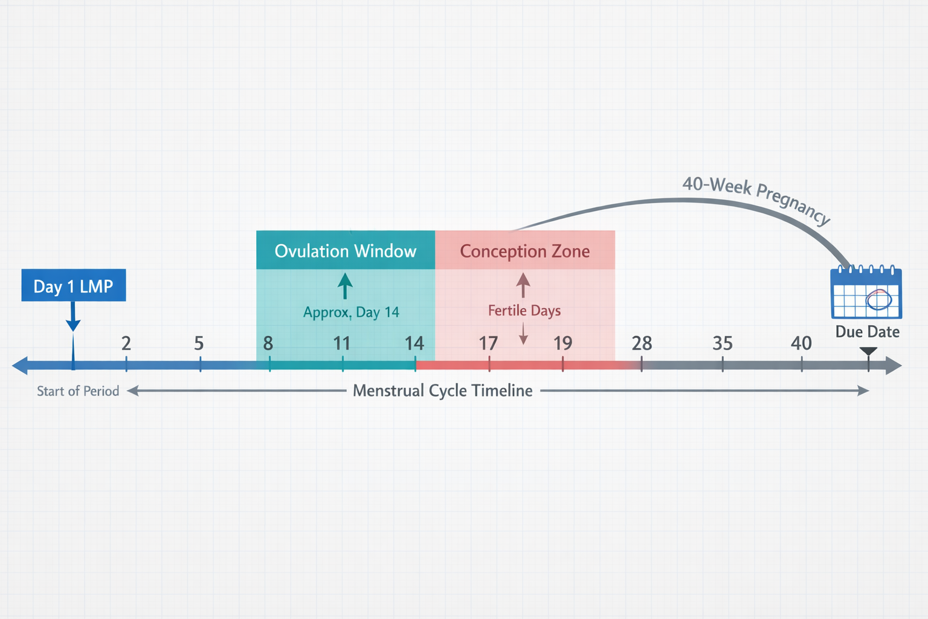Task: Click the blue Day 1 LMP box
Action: tap(74, 285)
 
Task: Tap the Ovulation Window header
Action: tap(346, 250)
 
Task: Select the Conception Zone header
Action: tap(524, 250)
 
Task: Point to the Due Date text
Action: tap(867, 332)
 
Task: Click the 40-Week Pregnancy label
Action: tap(756, 198)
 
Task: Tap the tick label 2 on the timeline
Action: tap(126, 343)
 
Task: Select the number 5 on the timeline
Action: tap(199, 343)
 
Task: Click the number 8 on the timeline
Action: tap(268, 343)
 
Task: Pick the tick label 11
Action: tap(342, 343)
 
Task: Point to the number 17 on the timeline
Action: tap(488, 343)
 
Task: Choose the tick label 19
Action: tap(562, 343)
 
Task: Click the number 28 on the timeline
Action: tap(642, 343)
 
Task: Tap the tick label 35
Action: tap(723, 343)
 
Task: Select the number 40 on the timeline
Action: tap(801, 343)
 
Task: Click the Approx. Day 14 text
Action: tap(351, 313)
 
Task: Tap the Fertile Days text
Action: tap(524, 311)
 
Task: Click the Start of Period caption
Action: tap(78, 391)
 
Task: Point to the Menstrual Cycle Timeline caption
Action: tap(443, 391)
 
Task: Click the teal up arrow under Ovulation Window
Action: tap(345, 285)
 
